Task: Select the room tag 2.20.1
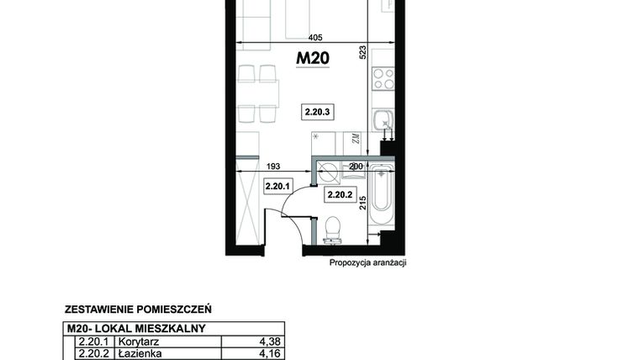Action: click(277, 187)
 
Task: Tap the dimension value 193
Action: click(274, 167)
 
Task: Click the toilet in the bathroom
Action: click(332, 227)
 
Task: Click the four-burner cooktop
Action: click(383, 79)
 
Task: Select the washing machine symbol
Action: click(328, 173)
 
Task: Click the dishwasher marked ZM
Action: click(356, 140)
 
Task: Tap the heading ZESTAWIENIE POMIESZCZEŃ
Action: click(137, 309)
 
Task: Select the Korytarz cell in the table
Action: click(134, 342)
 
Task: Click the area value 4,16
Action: click(268, 355)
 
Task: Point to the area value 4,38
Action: click(268, 342)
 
